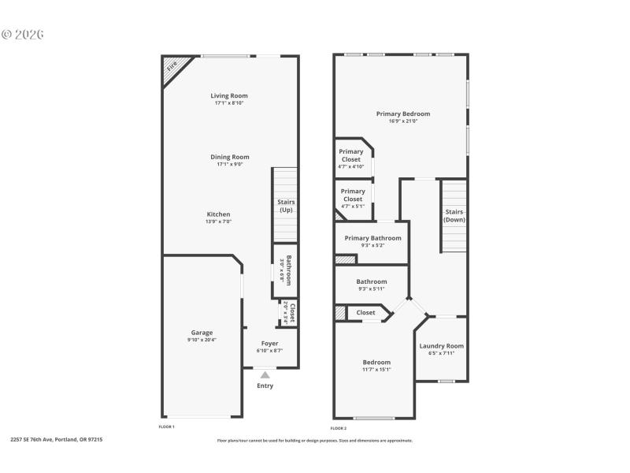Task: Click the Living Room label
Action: (229, 96)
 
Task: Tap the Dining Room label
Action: (229, 157)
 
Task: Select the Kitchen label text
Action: (218, 214)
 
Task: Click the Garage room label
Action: (202, 333)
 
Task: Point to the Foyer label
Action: (270, 344)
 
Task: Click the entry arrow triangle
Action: (265, 375)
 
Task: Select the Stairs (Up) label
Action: (286, 206)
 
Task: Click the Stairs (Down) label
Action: (454, 216)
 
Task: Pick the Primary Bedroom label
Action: (403, 114)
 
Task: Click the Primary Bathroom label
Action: (372, 238)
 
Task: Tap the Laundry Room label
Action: (441, 346)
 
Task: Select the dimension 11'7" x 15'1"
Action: (376, 369)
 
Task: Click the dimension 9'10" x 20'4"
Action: (202, 340)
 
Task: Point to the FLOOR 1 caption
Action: (167, 426)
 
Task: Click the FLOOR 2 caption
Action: (339, 427)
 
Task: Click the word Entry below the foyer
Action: (265, 385)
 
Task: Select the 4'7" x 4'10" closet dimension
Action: (351, 166)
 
